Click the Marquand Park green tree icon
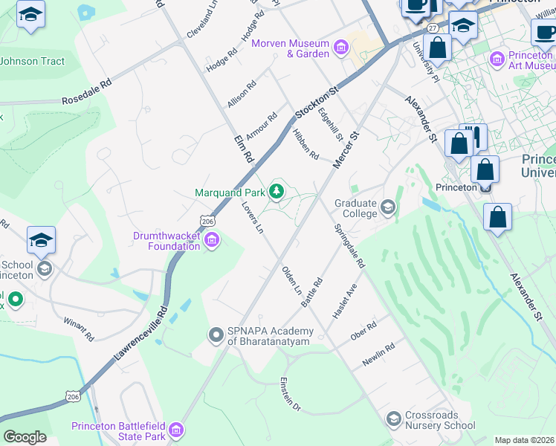(277, 193)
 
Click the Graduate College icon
(387, 207)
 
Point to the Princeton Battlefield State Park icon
(176, 430)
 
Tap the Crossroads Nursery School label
(439, 421)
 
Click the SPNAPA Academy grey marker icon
(216, 335)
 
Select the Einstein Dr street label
(289, 395)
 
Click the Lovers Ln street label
(252, 218)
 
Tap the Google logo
(25, 437)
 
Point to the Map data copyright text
(525, 440)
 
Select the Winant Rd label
(79, 330)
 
